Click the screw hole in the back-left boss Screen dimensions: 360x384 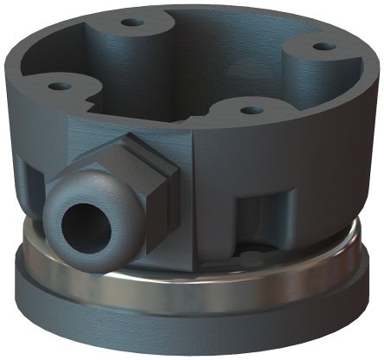tap(131, 22)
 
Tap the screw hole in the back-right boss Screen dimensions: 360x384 tap(322, 46)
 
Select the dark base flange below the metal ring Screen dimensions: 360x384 tap(259, 325)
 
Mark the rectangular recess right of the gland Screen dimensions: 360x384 tap(259, 212)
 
